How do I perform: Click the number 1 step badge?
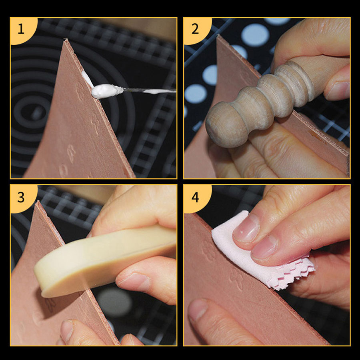tap(22, 30)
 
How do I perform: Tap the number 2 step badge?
tap(196, 30)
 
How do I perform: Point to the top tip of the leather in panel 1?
tap(66, 39)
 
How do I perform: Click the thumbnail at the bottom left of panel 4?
tap(198, 310)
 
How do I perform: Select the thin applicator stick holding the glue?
tap(150, 90)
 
